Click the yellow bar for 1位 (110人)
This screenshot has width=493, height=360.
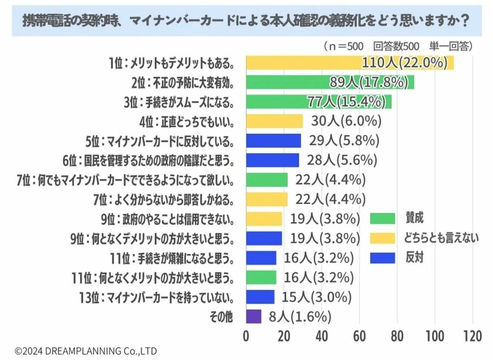tap(350, 62)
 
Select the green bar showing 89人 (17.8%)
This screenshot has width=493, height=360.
tap(330, 82)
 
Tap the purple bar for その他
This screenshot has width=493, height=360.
tap(253, 316)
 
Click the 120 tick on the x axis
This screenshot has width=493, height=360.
tap(472, 336)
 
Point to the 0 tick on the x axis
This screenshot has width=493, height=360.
tap(246, 336)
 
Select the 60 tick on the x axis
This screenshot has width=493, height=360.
tap(359, 336)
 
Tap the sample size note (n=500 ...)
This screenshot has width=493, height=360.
tap(398, 45)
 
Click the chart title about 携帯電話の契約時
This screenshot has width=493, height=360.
tap(246, 22)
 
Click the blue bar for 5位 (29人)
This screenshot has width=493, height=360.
tap(273, 141)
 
